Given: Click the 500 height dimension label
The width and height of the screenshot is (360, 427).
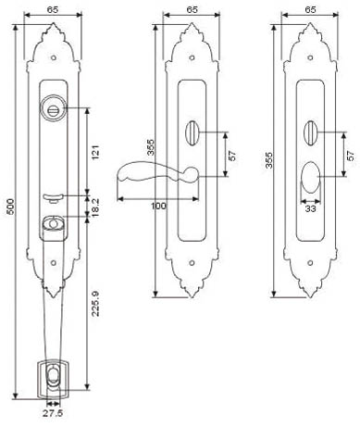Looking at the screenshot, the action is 10,207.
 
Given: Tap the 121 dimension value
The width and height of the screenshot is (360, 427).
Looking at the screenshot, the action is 95,152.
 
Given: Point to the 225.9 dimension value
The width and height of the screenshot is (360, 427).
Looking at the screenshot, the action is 95,303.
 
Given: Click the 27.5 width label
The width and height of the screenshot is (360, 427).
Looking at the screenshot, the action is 53,413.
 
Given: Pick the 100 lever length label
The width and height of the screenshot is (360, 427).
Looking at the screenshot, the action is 158,206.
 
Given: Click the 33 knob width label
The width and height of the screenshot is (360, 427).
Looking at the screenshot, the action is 310,208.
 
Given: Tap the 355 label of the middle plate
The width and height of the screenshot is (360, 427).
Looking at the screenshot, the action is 150,147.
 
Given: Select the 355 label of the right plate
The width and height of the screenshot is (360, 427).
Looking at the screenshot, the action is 269,159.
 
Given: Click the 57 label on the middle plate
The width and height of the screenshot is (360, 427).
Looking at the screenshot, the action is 232,156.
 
